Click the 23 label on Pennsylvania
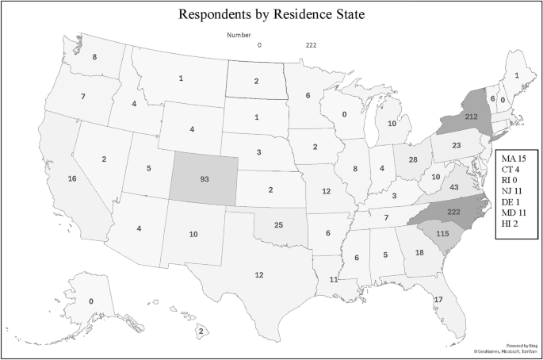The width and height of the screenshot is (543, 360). pos(457,146)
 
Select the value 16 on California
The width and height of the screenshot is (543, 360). pos(72,179)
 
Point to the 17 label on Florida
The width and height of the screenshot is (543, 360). pos(438,299)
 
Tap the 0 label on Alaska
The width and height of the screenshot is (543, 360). pos(91,301)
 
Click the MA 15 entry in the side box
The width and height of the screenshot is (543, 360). pos(514,161)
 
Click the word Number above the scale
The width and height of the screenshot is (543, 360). pos(239,36)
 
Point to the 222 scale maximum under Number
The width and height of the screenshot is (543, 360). pos(312,45)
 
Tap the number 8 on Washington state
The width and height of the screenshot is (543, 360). pos(94,57)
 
